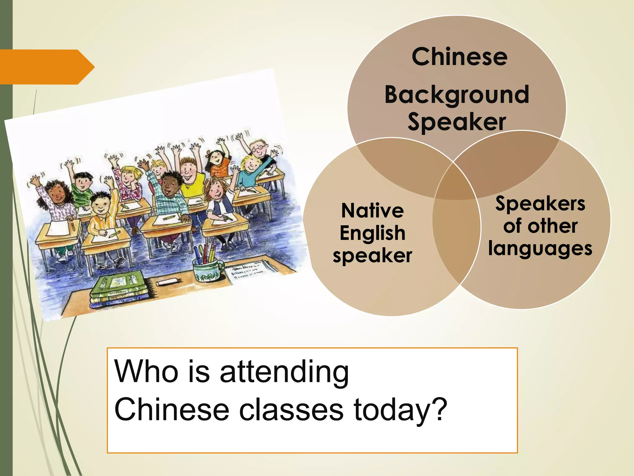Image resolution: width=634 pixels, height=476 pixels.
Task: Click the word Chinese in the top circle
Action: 459,57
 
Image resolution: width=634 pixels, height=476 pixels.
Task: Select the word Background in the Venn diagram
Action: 457,95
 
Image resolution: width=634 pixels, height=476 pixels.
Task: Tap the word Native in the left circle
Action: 372,211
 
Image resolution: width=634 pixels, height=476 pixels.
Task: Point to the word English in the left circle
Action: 372,233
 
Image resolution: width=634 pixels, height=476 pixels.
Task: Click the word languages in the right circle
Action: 540,249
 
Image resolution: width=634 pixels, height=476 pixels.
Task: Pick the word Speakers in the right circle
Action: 540,204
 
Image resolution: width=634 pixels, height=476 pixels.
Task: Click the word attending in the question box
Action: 284,372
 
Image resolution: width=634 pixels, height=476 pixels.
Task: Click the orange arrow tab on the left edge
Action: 46,67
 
